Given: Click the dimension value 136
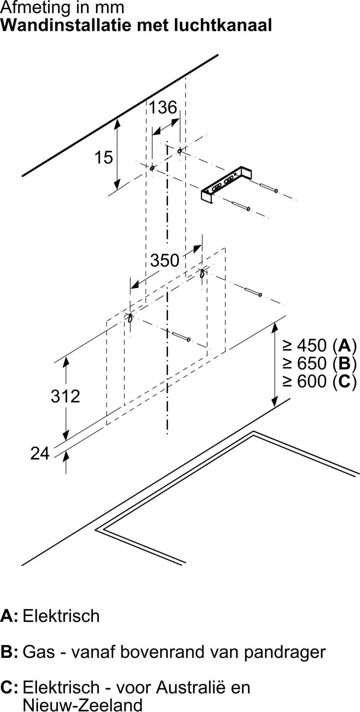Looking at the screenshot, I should tap(163, 108).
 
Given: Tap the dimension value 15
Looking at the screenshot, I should tap(103, 157).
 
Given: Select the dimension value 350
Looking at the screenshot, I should tap(165, 261).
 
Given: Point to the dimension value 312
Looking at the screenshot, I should tap(65, 396).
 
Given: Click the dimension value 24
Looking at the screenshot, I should tap(40, 453).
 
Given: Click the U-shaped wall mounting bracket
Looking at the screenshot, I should tap(226, 184).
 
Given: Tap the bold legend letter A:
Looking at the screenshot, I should tap(9, 616).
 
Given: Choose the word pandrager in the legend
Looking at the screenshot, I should tap(285, 652).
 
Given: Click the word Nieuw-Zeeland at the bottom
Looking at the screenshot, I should tap(82, 704).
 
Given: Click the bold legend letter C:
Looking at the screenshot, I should tap(9, 687).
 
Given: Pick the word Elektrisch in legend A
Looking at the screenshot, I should tap(61, 616).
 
